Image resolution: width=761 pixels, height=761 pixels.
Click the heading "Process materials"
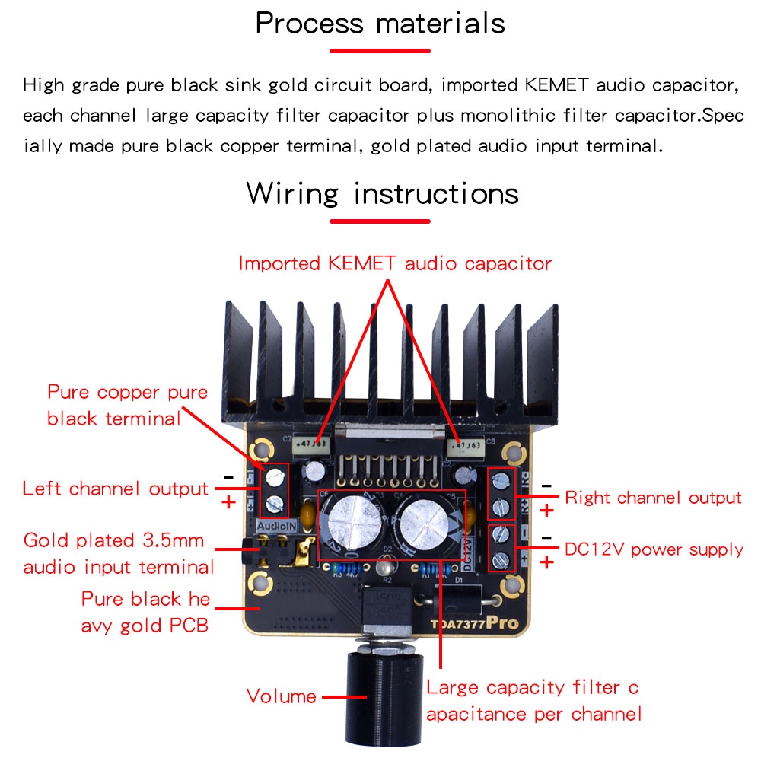[380, 23]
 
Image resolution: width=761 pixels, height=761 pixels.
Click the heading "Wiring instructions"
[382, 193]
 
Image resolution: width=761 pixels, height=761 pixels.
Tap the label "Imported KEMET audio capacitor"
[394, 264]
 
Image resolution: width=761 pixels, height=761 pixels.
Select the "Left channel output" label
[115, 489]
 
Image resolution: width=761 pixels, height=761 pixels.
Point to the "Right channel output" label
[653, 498]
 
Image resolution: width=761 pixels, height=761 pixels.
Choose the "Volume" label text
[281, 696]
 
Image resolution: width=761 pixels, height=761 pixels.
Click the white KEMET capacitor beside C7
[312, 444]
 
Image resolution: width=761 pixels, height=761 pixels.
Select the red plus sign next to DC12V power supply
[546, 562]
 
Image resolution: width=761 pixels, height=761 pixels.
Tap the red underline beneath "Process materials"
[380, 51]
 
